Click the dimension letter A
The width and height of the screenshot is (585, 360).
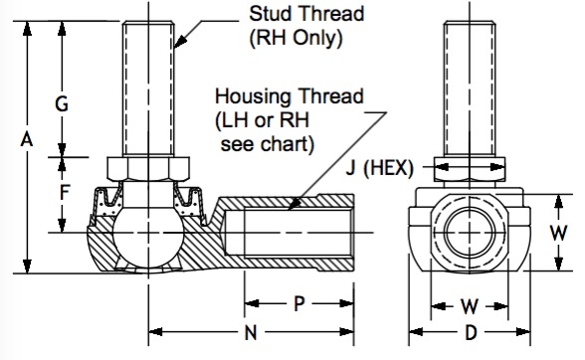27,140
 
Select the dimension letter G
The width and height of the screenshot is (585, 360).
62,103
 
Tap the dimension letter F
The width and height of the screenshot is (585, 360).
65,193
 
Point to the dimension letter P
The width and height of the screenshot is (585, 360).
298,303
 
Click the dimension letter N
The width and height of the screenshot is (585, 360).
251,332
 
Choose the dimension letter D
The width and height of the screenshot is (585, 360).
471,332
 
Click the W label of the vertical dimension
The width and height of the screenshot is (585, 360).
558,233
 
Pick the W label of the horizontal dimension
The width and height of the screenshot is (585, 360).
469,306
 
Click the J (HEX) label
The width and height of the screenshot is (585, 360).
380,168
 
